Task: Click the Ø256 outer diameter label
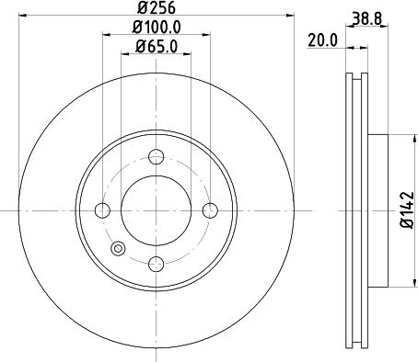coord(156,6)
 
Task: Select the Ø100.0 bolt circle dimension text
coord(156,28)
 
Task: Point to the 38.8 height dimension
coord(366,16)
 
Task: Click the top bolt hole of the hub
coord(156,156)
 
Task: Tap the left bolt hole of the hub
coord(101,210)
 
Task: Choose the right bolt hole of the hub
coord(210,210)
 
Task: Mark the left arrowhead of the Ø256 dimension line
coord(22,17)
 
